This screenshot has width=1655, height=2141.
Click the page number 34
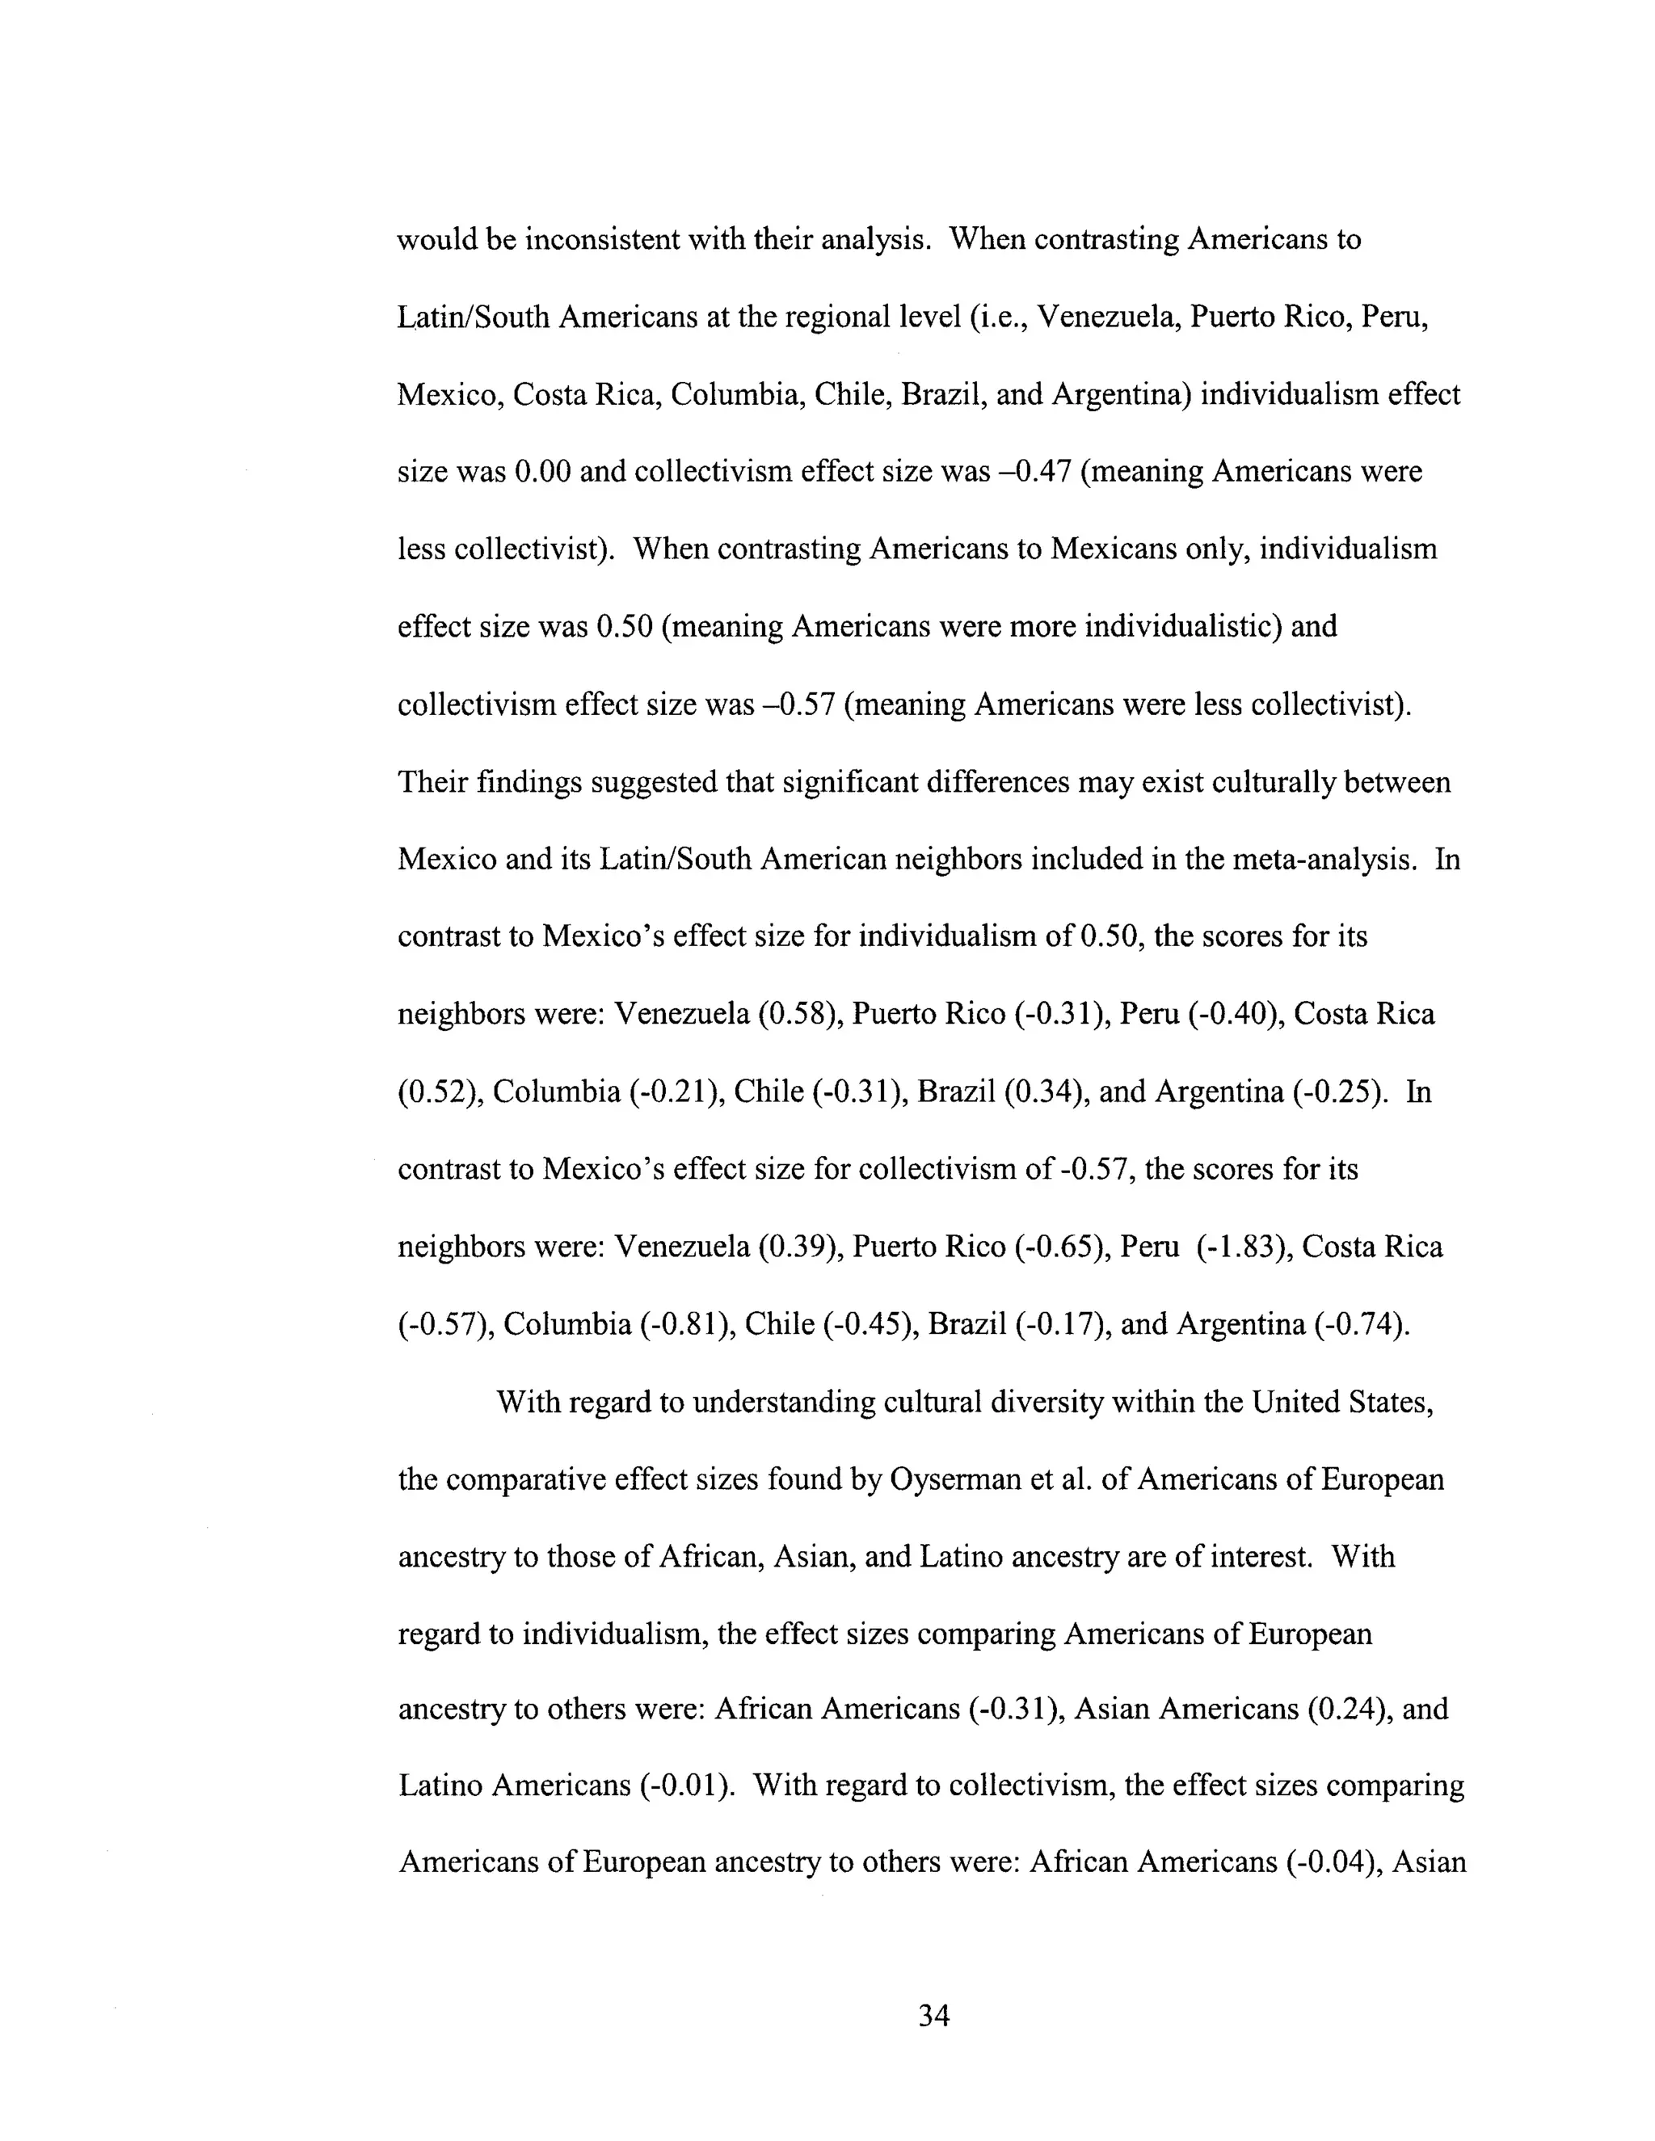(933, 2016)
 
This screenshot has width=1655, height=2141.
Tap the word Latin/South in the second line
(474, 318)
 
